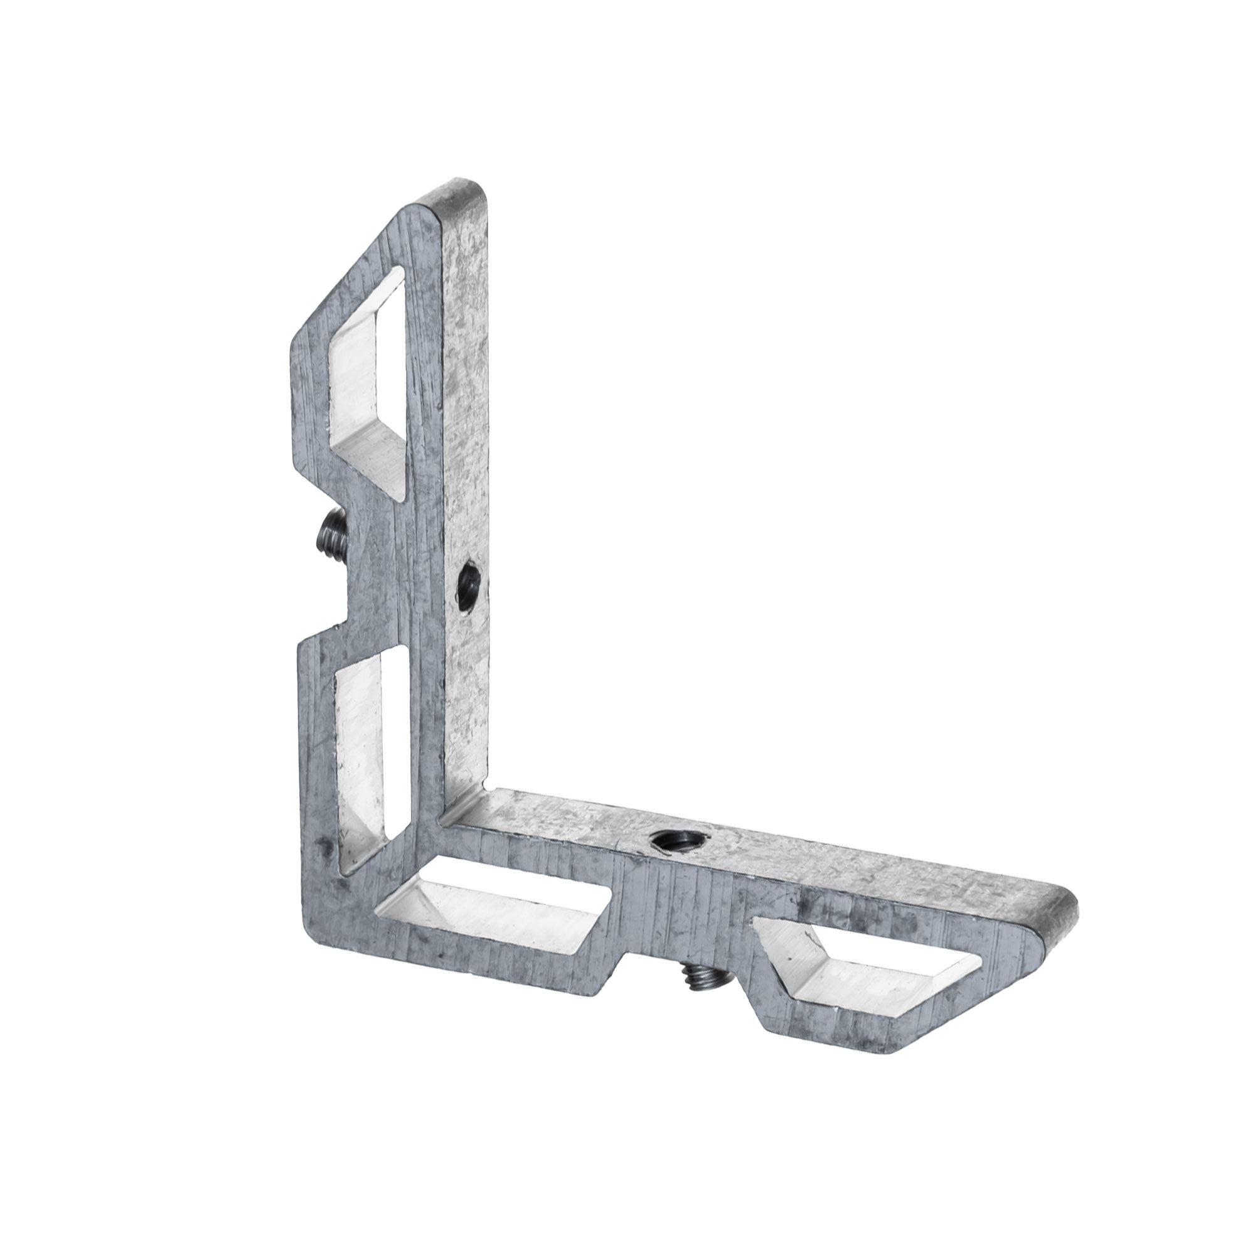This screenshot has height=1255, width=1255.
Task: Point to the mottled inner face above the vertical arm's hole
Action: click(x=467, y=390)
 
